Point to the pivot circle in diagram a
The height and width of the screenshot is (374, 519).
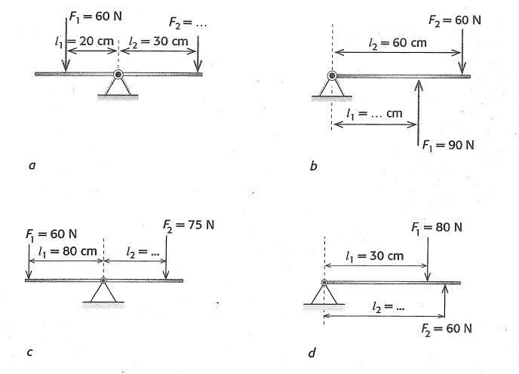click(x=118, y=75)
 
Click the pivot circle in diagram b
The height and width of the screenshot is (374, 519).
click(x=332, y=75)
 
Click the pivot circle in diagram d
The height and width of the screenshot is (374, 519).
click(x=324, y=283)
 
